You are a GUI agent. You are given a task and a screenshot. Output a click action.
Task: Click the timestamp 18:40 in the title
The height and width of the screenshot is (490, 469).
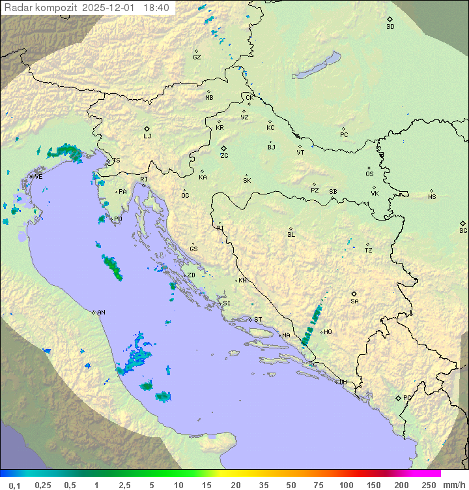point(157,8)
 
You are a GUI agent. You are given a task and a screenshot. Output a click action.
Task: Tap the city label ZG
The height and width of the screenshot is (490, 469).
point(224,156)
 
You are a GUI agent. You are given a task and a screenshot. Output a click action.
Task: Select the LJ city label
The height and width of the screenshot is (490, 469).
point(148,136)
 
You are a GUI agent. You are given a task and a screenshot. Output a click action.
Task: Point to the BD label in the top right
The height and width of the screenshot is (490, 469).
point(390,27)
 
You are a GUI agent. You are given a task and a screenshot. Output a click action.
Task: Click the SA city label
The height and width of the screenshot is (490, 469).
point(354,301)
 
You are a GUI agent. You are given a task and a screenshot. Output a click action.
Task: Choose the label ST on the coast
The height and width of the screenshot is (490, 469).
point(258,320)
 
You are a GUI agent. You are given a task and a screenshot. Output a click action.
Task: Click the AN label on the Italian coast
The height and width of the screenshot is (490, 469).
point(101,313)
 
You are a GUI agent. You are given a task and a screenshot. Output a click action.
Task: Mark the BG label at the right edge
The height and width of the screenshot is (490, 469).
point(463,230)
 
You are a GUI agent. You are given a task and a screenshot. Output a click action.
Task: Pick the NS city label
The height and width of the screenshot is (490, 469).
point(432,197)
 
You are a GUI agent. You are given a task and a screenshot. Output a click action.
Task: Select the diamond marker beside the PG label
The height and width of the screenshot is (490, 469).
point(398,397)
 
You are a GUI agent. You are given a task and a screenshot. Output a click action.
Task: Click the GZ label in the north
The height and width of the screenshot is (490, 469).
point(197,57)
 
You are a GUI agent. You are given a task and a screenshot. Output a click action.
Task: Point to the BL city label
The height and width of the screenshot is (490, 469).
point(291,234)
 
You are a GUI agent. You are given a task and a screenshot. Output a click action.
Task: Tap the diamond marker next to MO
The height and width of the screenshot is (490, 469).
point(320,332)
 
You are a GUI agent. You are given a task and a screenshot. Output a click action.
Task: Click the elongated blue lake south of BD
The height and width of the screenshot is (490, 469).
point(317,66)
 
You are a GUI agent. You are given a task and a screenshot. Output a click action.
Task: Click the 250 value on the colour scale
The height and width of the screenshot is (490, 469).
point(429,485)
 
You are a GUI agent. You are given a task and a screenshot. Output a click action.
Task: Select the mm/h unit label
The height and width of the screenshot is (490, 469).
point(453,485)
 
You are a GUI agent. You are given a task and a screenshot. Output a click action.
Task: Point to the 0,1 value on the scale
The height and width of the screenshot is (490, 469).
point(14,485)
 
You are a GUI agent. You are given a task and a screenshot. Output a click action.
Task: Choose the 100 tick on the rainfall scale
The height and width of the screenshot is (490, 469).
point(347,485)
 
